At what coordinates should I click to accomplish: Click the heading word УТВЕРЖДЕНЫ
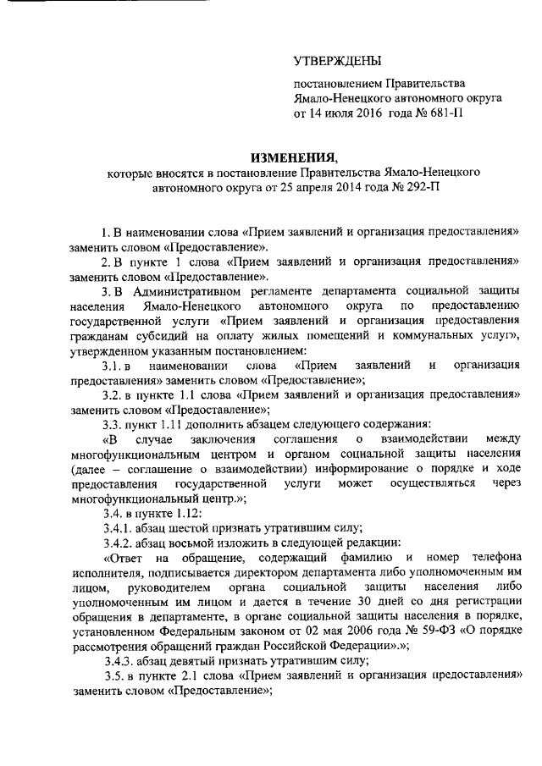336,61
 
